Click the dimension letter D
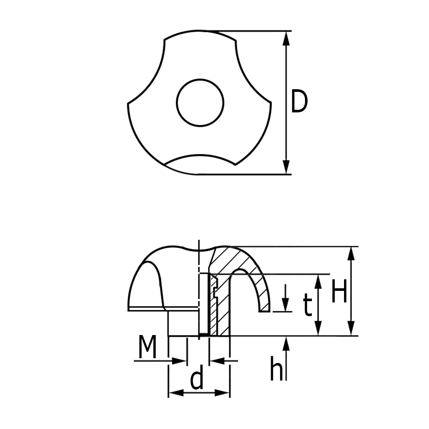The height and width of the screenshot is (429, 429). point(299,101)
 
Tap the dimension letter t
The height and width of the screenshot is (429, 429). point(308,305)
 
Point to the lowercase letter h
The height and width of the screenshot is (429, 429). point(276,369)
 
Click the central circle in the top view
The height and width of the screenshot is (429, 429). point(200,103)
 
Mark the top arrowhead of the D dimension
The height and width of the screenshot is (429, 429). point(286,38)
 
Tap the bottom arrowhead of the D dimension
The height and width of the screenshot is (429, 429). point(286,167)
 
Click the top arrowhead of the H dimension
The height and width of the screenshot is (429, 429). point(352,254)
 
